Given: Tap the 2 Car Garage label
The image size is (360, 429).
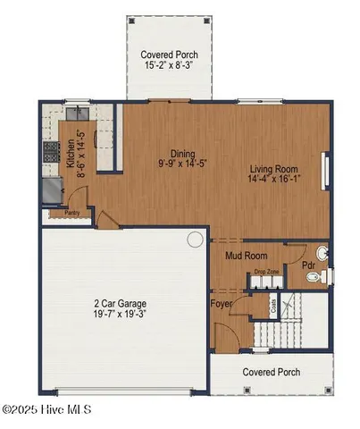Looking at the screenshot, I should (123, 303).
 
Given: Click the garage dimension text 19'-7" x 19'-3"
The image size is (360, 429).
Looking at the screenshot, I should (123, 315).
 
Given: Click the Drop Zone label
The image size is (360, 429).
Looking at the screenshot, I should (265, 270).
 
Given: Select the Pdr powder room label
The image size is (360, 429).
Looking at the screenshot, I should (306, 265).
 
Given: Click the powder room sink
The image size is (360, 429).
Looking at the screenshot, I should (323, 254).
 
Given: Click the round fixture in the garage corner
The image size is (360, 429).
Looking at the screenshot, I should (195, 239).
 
